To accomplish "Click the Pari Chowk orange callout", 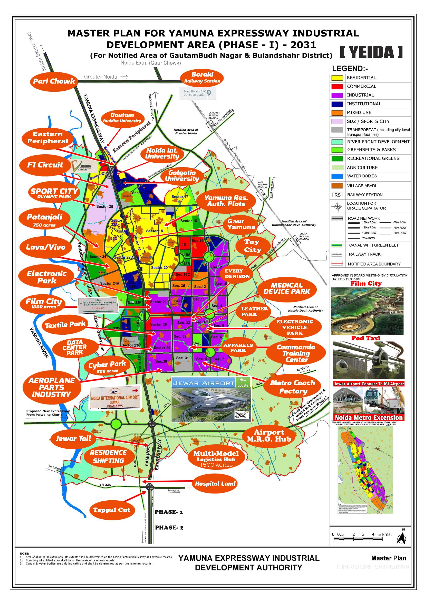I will tap(54, 81).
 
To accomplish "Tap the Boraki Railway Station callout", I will tap(202, 77).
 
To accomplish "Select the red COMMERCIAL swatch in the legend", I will tap(337, 87).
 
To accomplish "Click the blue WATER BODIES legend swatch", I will tap(337, 176).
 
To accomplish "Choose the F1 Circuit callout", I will tap(45, 165).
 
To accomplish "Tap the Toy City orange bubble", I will tap(253, 246).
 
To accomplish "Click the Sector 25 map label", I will tap(105, 207).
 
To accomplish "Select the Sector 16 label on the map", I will tap(188, 221).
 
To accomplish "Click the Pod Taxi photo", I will tap(368, 360).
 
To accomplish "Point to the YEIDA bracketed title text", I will tap(372, 52).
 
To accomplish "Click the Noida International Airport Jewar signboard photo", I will tap(115, 398).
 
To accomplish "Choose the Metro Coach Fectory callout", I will tap(292, 387).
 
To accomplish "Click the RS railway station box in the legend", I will tap(337, 195).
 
